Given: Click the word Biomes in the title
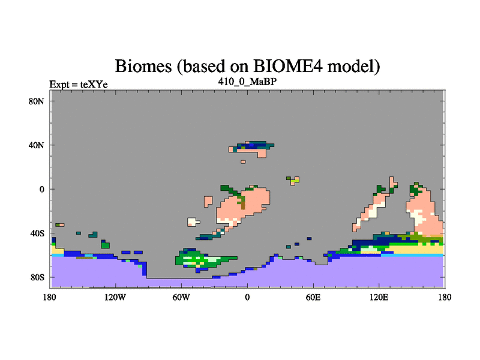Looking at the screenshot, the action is pyautogui.click(x=143, y=66).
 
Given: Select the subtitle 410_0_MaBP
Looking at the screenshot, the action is pyautogui.click(x=247, y=82).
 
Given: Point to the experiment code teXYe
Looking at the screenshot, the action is pyautogui.click(x=94, y=85).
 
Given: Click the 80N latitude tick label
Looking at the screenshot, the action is pyautogui.click(x=36, y=101).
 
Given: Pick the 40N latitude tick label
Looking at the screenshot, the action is pyautogui.click(x=36, y=145).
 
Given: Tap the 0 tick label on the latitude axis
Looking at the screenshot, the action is pyautogui.click(x=41, y=189).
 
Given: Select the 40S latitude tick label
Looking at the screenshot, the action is pyautogui.click(x=37, y=233).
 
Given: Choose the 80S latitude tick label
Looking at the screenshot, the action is pyautogui.click(x=37, y=277).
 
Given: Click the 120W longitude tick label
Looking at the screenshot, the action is pyautogui.click(x=115, y=297).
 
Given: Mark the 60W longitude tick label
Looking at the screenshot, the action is pyautogui.click(x=181, y=297).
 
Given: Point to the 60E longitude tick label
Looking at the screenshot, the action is pyautogui.click(x=313, y=297).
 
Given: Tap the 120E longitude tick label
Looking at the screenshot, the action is pyautogui.click(x=379, y=297).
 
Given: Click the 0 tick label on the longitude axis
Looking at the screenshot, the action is pyautogui.click(x=247, y=297).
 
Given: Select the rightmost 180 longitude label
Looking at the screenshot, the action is pyautogui.click(x=445, y=297).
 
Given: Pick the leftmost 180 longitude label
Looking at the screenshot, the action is pyautogui.click(x=50, y=297).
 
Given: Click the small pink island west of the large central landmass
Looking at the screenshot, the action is pyautogui.click(x=208, y=202).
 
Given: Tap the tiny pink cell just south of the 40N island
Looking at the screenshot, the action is pyautogui.click(x=243, y=161).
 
